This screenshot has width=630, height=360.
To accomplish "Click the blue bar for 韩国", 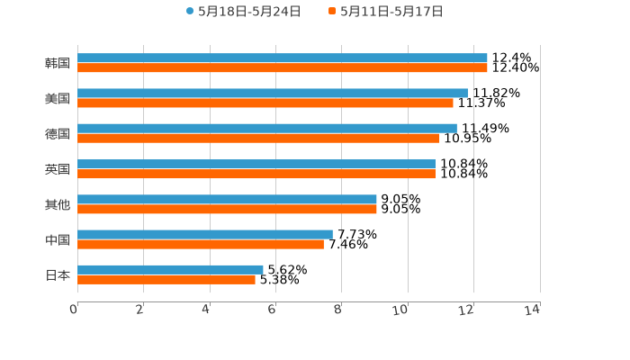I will click(x=283, y=58).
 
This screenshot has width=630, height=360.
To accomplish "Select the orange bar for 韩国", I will click(x=283, y=67).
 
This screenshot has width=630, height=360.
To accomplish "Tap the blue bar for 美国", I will click(x=273, y=93).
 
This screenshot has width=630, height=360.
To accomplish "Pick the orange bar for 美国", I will click(x=265, y=103).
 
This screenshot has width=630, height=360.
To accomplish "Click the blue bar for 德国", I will click(x=267, y=128).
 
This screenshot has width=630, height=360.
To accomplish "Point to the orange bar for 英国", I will click(x=256, y=174).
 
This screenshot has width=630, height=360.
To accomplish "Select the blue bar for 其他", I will click(x=227, y=199).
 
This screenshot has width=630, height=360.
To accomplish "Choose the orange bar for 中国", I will click(x=201, y=244).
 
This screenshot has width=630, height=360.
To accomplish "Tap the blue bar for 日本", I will click(x=170, y=269).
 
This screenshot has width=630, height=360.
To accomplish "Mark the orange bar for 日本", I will click(x=166, y=279).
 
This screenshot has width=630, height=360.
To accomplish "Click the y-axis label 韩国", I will click(x=58, y=63).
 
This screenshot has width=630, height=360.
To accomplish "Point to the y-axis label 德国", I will click(x=58, y=133).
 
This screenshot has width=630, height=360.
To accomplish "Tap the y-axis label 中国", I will click(x=58, y=239).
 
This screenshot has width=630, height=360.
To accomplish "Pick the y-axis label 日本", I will click(x=58, y=274).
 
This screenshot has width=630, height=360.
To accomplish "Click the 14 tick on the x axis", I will click(x=532, y=310).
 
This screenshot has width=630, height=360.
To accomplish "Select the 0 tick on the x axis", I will click(x=74, y=310).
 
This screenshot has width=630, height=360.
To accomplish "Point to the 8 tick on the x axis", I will click(x=337, y=310).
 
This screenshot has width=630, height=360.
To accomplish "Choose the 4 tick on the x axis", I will click(x=206, y=310).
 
